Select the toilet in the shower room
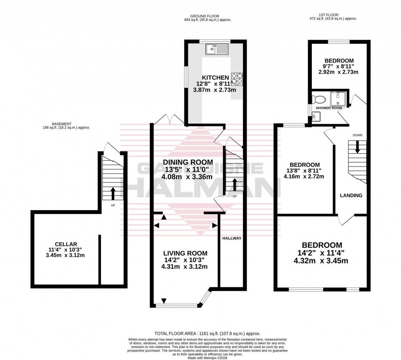click(x=318, y=99)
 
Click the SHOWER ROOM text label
click(x=329, y=108)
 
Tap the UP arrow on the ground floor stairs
click(x=234, y=184)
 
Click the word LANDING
click(x=351, y=196)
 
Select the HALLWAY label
click(x=232, y=238)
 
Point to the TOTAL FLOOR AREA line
click(x=207, y=334)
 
